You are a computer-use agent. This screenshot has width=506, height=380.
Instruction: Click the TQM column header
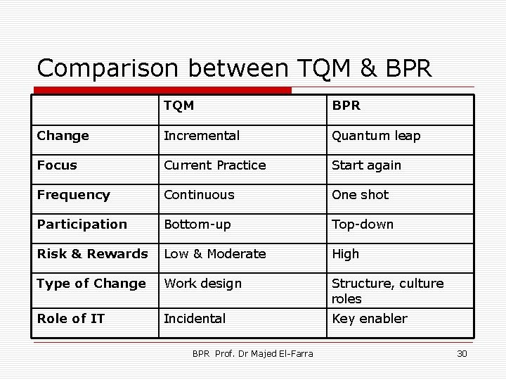pyautogui.click(x=179, y=106)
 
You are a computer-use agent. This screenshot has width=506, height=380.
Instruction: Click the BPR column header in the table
pyautogui.click(x=346, y=106)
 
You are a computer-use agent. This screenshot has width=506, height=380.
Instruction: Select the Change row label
pyautogui.click(x=63, y=136)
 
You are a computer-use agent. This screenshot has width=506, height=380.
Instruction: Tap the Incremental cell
pyautogui.click(x=201, y=136)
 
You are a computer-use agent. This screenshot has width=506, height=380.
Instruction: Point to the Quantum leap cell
pyautogui.click(x=376, y=136)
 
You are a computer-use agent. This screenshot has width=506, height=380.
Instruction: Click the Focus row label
pyautogui.click(x=57, y=165)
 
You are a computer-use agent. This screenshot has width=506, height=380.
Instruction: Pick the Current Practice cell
pyautogui.click(x=214, y=165)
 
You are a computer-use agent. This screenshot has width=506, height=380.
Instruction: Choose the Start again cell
pyautogui.click(x=366, y=165)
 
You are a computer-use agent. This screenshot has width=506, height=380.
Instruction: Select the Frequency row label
pyautogui.click(x=73, y=195)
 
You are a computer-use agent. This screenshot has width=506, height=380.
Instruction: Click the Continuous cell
pyautogui.click(x=199, y=195)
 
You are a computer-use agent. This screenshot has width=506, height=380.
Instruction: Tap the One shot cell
pyautogui.click(x=360, y=195)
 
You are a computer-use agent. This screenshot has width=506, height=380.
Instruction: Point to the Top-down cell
pyautogui.click(x=363, y=224)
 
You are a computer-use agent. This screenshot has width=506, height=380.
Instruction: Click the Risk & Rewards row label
pyautogui.click(x=92, y=254)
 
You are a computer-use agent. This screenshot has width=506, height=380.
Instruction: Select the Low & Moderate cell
pyautogui.click(x=214, y=254)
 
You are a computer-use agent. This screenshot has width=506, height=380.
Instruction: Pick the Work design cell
pyautogui.click(x=202, y=284)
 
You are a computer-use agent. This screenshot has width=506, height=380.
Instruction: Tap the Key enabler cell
pyautogui.click(x=369, y=319)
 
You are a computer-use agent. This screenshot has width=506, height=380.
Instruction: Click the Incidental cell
pyautogui.click(x=195, y=319)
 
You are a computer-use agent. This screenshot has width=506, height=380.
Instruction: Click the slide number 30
pyautogui.click(x=461, y=353)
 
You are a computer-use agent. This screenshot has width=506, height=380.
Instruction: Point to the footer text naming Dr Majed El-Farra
pyautogui.click(x=252, y=353)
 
